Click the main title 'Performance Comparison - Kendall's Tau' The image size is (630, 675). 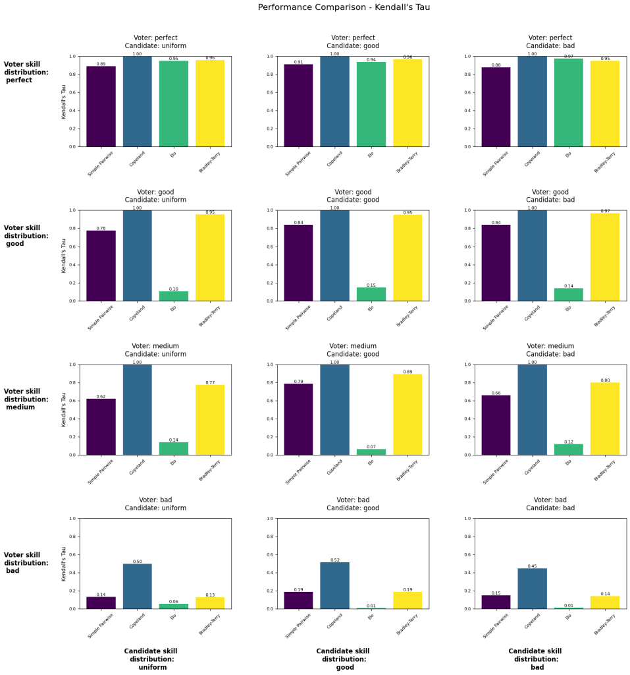point(344,7)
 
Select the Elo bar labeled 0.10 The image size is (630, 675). point(173,296)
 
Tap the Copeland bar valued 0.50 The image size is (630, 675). point(137,586)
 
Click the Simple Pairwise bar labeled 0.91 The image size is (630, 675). point(298,105)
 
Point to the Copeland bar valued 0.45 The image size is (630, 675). point(532,589)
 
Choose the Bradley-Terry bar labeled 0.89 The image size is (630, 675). point(407,415)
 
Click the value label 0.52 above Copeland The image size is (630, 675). point(334,560)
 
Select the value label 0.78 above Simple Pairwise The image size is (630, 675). point(101,228)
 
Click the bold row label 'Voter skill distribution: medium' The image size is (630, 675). point(26,399)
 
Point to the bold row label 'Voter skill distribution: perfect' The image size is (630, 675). point(26,72)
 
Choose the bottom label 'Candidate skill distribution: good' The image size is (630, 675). point(344,659)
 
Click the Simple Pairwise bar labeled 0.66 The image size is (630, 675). point(496,425)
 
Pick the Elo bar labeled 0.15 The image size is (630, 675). point(371,294)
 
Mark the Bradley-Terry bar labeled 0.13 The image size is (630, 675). point(210,602)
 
